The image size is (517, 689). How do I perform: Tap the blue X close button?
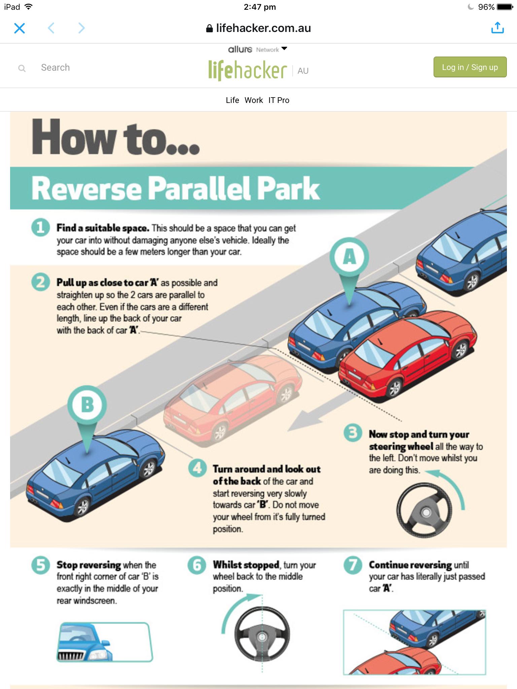[x=20, y=28]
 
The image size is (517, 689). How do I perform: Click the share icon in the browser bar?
[x=497, y=28]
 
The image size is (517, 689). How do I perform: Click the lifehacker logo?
[x=248, y=70]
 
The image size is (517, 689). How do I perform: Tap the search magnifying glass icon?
[x=22, y=69]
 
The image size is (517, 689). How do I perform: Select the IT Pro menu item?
[x=279, y=100]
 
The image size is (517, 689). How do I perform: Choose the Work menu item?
[x=254, y=100]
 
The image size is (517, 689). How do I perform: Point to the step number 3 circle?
[x=353, y=433]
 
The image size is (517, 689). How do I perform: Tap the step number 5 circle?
[x=40, y=565]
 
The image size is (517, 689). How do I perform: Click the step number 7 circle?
[x=353, y=565]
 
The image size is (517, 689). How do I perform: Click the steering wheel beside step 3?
[x=425, y=512]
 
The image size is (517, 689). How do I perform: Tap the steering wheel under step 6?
[x=262, y=634]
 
